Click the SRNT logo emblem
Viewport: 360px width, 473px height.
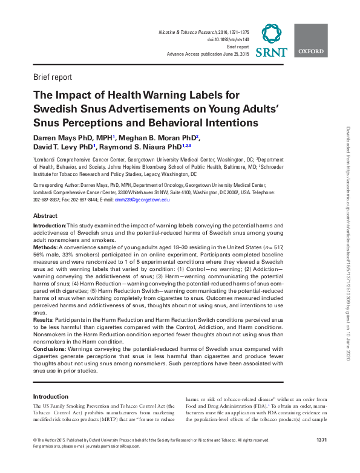pyautogui.click(x=272, y=33)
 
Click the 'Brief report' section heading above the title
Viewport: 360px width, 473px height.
pyautogui.click(x=53, y=77)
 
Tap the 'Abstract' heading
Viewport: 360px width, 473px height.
pyautogui.click(x=45, y=216)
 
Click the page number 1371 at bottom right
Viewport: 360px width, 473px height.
pyautogui.click(x=322, y=440)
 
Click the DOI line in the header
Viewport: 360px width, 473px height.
pyautogui.click(x=228, y=39)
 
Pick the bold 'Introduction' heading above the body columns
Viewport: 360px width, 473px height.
pyautogui.click(x=50, y=397)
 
